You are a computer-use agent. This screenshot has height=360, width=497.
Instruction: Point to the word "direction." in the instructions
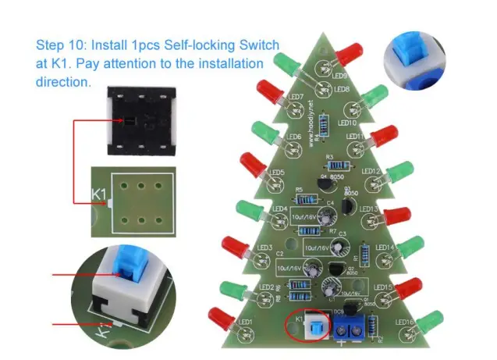tap(63, 80)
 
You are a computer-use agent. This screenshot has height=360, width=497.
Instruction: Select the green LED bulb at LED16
tap(429, 321)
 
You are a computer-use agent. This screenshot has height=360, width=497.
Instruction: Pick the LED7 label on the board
tap(296, 98)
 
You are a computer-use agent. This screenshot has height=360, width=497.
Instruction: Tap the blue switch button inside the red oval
tap(314, 326)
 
